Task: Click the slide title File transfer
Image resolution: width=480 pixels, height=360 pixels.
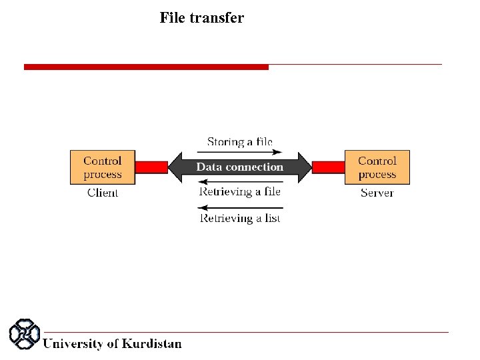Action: pyautogui.click(x=201, y=18)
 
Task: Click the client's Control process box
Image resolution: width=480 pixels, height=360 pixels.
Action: pyautogui.click(x=103, y=167)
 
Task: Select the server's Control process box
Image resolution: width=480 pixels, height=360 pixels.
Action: pyautogui.click(x=377, y=167)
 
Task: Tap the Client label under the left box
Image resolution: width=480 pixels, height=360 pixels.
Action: pyautogui.click(x=103, y=193)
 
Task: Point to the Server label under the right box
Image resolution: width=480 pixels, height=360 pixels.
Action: pyautogui.click(x=377, y=193)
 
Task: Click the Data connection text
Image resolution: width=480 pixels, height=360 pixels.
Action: pyautogui.click(x=239, y=167)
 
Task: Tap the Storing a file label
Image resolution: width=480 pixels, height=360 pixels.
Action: pyautogui.click(x=240, y=142)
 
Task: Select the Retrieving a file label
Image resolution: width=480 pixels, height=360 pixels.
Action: pyautogui.click(x=240, y=192)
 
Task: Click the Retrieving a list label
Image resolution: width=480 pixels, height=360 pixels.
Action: pyautogui.click(x=240, y=218)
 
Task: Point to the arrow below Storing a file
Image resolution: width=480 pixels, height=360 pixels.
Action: pyautogui.click(x=240, y=152)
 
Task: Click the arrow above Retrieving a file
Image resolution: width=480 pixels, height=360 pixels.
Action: pyautogui.click(x=240, y=182)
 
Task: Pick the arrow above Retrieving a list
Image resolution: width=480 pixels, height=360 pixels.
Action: pyautogui.click(x=240, y=207)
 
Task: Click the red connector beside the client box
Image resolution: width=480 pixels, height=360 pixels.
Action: pyautogui.click(x=151, y=167)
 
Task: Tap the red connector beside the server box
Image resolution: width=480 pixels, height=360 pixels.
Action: pyautogui.click(x=328, y=167)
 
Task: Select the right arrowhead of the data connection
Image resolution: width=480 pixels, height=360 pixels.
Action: pyautogui.click(x=304, y=167)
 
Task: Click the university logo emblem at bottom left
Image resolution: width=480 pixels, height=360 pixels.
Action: pyautogui.click(x=24, y=335)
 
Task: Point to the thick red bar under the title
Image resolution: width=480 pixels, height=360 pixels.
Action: pyautogui.click(x=146, y=67)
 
